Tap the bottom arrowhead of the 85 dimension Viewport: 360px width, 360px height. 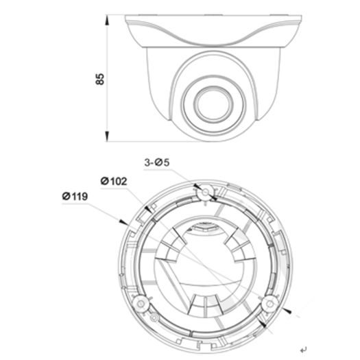(108, 139)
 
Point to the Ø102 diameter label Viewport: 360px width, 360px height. (113, 181)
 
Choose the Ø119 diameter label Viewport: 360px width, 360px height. (75, 197)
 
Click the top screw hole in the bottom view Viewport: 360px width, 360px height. (204, 194)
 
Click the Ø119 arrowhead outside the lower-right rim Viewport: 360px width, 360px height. (293, 313)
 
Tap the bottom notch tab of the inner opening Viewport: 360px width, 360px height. (204, 302)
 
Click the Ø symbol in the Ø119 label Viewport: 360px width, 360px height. (66, 197)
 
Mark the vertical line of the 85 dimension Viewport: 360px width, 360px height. (108, 103)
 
